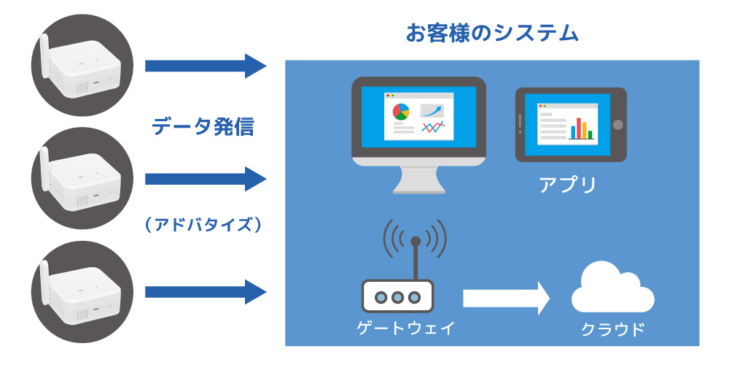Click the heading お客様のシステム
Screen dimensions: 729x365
[x=492, y=34]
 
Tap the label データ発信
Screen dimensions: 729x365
[x=203, y=126]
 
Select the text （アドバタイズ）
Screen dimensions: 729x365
[x=203, y=226]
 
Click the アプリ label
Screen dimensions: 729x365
[x=567, y=185]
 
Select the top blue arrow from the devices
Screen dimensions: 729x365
[x=206, y=66]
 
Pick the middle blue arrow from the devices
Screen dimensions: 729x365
[x=206, y=179]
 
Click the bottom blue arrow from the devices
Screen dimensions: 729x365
[x=206, y=292]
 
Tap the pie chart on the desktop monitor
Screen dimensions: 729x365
[x=401, y=112]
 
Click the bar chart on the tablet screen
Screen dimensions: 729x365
[x=582, y=128]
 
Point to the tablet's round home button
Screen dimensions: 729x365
[x=618, y=125]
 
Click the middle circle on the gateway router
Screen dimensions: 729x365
[x=397, y=296]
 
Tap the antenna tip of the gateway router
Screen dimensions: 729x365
[x=416, y=241]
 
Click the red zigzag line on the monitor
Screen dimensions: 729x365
[x=433, y=127]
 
